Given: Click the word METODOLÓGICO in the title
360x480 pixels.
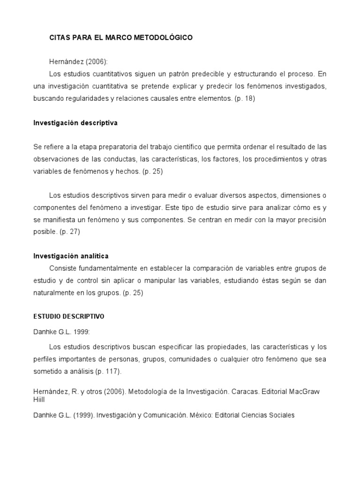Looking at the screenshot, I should coord(164,38).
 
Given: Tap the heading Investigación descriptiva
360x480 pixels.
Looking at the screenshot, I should coord(75,123).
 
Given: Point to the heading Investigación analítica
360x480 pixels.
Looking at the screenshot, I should coord(71,256).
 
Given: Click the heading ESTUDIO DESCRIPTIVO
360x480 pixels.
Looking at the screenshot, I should coord(68,316).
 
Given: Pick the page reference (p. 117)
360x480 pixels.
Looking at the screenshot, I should coord(108,371).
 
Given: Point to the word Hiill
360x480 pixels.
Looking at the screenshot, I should coord(39,399).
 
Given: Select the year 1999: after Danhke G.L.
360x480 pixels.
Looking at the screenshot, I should coord(80,331).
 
